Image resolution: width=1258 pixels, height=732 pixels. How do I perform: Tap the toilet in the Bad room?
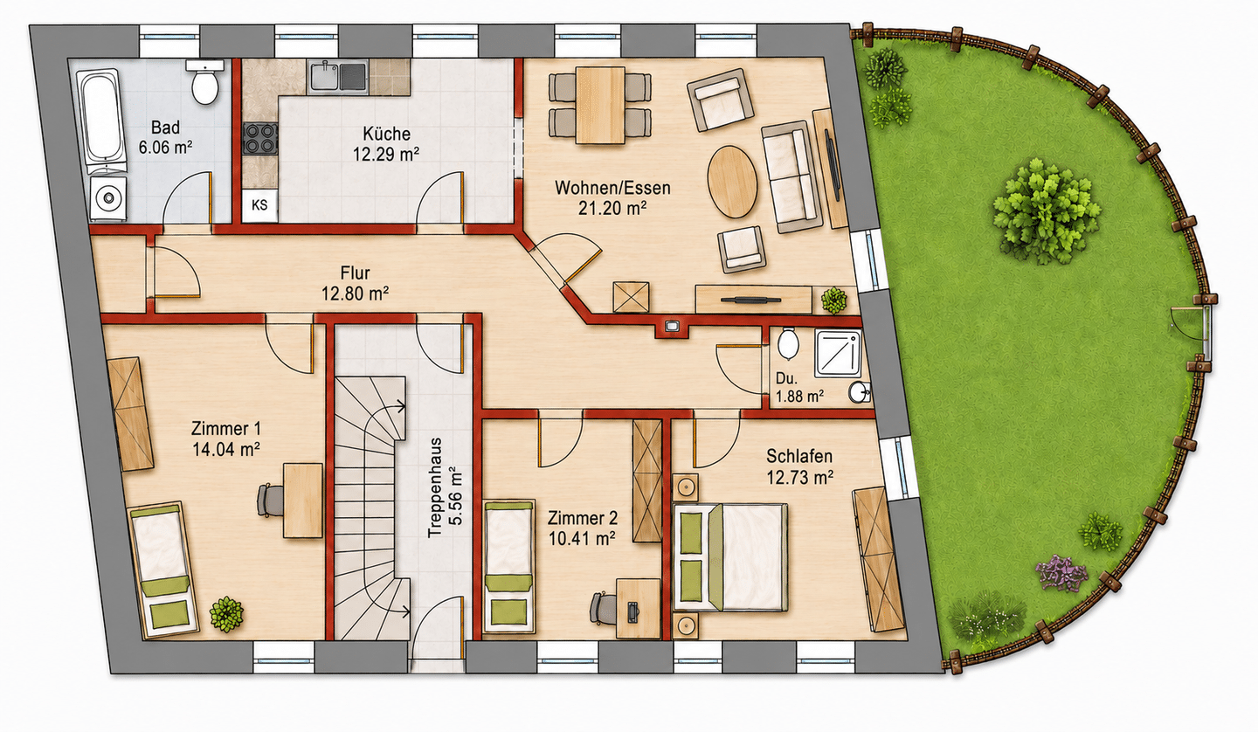point(204,82)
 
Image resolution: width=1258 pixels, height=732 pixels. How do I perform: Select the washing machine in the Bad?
point(107,197)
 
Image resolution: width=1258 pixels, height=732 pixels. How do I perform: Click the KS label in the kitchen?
point(259,205)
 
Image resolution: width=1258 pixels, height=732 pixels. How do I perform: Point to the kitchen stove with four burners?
point(260,138)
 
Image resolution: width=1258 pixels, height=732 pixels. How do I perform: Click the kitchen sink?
point(338,76)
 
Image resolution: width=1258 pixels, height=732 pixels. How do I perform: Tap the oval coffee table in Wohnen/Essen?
point(732,182)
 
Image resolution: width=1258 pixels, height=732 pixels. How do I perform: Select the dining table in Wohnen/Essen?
point(600,106)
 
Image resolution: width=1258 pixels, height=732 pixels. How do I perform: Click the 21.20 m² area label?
point(612,208)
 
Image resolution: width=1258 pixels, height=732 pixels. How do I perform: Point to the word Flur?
point(355,273)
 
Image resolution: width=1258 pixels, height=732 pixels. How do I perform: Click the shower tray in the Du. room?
point(838,352)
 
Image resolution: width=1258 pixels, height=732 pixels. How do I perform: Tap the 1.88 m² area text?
point(799,397)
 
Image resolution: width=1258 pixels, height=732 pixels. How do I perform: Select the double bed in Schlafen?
point(730,556)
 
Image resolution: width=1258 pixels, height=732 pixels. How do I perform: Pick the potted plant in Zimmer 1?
point(226,614)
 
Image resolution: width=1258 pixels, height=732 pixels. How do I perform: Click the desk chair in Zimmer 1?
point(271,500)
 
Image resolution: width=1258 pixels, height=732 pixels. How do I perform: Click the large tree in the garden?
point(1045,211)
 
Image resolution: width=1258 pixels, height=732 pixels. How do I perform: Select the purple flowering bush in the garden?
point(1061,572)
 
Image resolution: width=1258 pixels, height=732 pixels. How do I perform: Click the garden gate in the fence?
point(1206,332)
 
